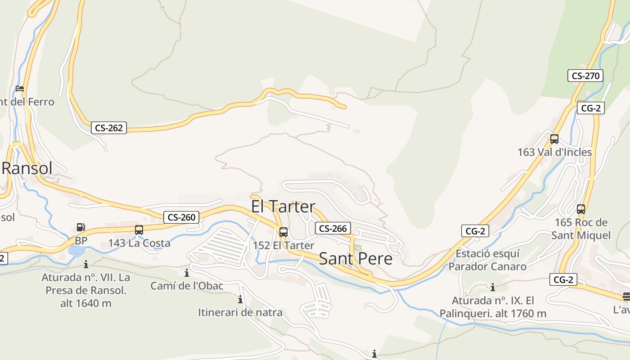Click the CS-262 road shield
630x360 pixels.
(x=109, y=128)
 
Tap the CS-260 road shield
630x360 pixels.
(x=181, y=217)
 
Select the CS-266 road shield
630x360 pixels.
(x=333, y=228)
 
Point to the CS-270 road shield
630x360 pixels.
(x=585, y=76)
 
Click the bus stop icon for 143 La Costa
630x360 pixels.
(x=139, y=230)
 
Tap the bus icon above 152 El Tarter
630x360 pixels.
(x=283, y=232)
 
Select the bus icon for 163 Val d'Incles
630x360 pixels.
(x=554, y=139)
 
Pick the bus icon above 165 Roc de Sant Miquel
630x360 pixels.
(x=581, y=209)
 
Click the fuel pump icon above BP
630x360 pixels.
(x=81, y=228)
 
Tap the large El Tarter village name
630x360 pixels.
(x=283, y=207)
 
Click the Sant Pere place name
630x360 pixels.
(x=355, y=259)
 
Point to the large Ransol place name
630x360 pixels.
(x=27, y=168)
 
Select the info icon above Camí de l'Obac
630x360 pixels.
(x=187, y=273)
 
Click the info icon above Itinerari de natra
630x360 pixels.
(x=240, y=299)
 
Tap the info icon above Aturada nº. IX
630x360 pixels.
(x=493, y=287)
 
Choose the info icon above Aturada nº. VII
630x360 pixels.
(x=86, y=264)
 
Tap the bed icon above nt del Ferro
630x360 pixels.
(x=20, y=88)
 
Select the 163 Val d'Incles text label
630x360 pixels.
(x=554, y=152)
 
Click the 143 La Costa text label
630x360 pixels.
(x=139, y=243)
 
